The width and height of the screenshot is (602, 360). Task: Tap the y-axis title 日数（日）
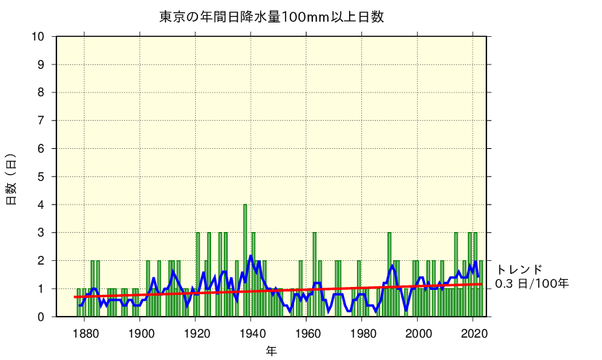point(11,179)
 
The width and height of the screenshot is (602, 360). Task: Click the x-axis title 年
point(270,351)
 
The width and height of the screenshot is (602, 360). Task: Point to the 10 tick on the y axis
point(38,37)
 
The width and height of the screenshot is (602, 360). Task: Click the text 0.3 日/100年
point(531,283)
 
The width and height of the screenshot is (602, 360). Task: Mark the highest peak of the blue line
point(251,256)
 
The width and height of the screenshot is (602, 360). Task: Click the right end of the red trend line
point(481,284)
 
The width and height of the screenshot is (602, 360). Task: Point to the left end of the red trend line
point(75,297)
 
